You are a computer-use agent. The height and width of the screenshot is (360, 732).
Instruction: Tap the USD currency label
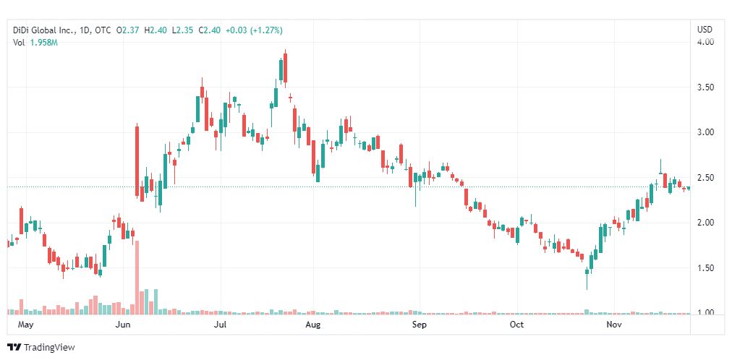pyautogui.click(x=705, y=30)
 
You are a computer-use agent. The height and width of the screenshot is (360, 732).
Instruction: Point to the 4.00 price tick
pyautogui.click(x=705, y=42)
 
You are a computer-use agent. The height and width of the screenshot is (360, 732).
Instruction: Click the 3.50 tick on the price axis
pyautogui.click(x=705, y=87)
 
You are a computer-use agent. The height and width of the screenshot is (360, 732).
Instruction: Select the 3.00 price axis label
pyautogui.click(x=705, y=132)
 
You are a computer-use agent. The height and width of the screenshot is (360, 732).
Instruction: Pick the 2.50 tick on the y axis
pyautogui.click(x=705, y=178)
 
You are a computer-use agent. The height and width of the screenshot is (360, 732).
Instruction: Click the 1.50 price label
pyautogui.click(x=705, y=268)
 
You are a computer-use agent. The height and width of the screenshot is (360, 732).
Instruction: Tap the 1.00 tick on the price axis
pyautogui.click(x=705, y=313)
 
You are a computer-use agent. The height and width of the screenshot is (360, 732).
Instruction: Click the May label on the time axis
pyautogui.click(x=25, y=325)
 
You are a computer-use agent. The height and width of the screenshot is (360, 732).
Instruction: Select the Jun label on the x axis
pyautogui.click(x=123, y=325)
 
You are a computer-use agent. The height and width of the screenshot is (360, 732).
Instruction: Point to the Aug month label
pyautogui.click(x=312, y=325)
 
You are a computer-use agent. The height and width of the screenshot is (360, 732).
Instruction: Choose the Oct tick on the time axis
pyautogui.click(x=516, y=325)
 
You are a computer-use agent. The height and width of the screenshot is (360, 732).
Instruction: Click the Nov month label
pyautogui.click(x=614, y=325)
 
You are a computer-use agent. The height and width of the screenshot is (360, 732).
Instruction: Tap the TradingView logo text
pyautogui.click(x=49, y=348)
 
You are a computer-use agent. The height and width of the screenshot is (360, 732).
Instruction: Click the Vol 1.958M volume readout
pyautogui.click(x=36, y=43)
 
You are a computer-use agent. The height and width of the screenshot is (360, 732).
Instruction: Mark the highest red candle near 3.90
pyautogui.click(x=285, y=70)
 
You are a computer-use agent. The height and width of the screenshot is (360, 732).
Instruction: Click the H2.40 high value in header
pyautogui.click(x=155, y=30)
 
